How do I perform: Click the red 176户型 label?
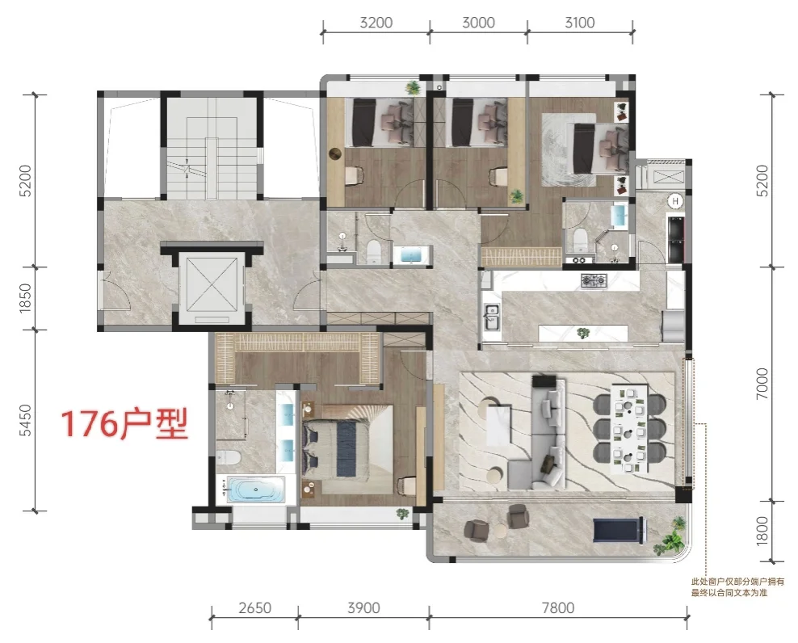click(124, 423)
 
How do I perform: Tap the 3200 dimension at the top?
click(376, 23)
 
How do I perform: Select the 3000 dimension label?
click(478, 23)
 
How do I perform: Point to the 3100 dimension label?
click(580, 23)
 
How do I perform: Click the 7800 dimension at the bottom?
click(558, 608)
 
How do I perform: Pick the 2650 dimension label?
click(255, 608)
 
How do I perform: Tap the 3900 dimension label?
click(363, 608)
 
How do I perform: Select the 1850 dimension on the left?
click(25, 298)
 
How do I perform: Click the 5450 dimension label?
click(25, 421)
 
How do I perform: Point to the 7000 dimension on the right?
click(762, 384)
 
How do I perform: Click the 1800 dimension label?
click(762, 531)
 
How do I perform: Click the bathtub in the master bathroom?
click(254, 490)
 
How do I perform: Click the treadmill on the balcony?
click(619, 530)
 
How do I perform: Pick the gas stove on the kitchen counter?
click(594, 279)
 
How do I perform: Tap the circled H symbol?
click(675, 201)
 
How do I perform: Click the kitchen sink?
click(492, 317)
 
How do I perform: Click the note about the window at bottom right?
click(737, 587)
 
